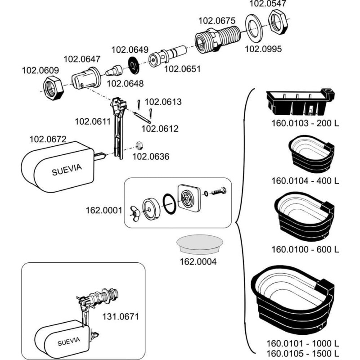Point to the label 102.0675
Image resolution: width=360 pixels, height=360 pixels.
click(217, 20)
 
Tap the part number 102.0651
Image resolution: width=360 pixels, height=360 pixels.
click(182, 69)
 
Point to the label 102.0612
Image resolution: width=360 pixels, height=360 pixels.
click(160, 129)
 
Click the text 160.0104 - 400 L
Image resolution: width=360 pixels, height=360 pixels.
click(305, 181)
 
